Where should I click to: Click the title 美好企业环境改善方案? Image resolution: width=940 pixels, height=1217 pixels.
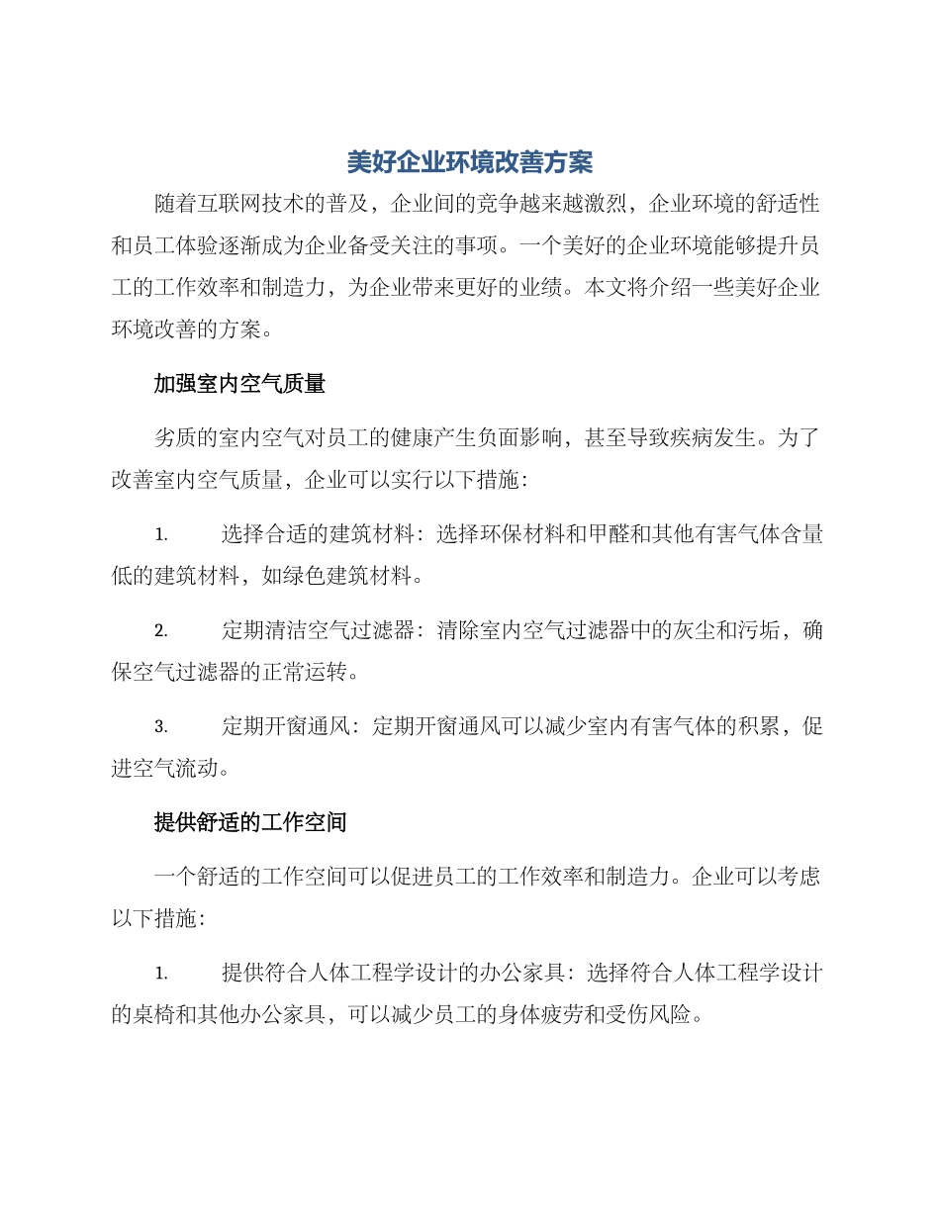(470, 161)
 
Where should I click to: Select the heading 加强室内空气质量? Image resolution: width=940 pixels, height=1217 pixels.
(239, 384)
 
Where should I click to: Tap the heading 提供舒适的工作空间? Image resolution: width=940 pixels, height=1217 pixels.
(250, 822)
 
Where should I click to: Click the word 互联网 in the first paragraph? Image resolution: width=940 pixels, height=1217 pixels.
(229, 205)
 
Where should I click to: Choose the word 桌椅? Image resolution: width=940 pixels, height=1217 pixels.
(155, 1014)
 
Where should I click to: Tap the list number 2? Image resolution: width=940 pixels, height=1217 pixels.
(160, 631)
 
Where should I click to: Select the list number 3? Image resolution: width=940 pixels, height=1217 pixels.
(160, 727)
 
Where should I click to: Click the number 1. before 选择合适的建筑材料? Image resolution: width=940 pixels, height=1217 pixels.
(160, 535)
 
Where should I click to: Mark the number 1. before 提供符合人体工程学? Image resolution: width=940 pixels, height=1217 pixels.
(160, 974)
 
